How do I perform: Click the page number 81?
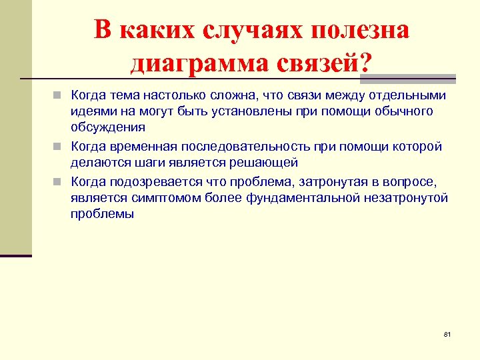click(447, 333)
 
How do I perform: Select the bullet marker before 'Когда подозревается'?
click(60, 181)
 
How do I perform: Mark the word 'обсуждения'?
click(108, 127)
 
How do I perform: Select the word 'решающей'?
click(269, 163)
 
